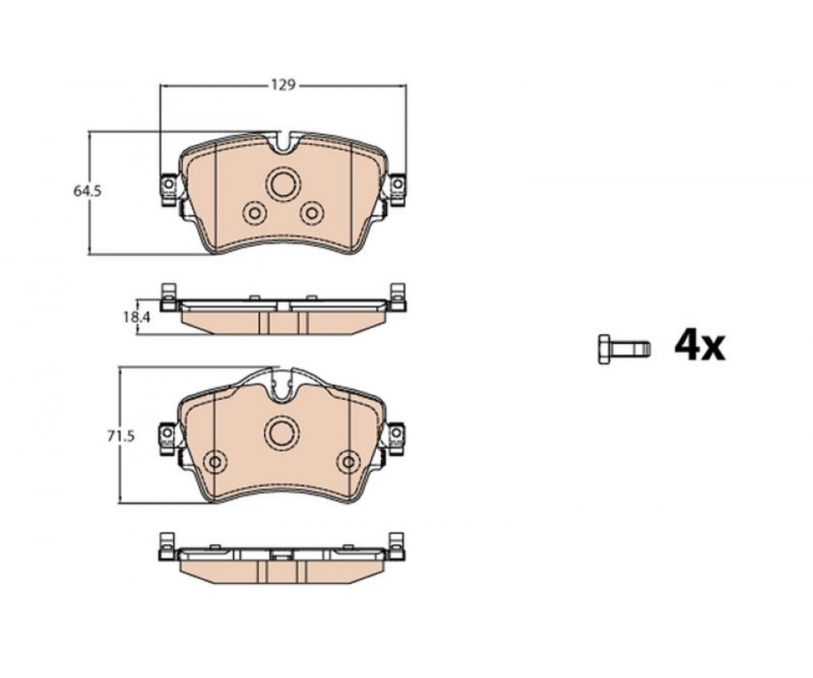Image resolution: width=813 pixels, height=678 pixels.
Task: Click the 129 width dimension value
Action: pyautogui.click(x=283, y=85)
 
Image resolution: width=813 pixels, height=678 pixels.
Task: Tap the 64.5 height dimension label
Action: pyautogui.click(x=87, y=191)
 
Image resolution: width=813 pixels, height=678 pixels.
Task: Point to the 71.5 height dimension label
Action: pyautogui.click(x=121, y=436)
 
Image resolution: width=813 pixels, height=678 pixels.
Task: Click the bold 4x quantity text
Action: pyautogui.click(x=700, y=347)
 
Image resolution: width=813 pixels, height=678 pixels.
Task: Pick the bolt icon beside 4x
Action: pyautogui.click(x=624, y=348)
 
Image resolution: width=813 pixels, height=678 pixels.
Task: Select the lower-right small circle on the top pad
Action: pyautogui.click(x=312, y=212)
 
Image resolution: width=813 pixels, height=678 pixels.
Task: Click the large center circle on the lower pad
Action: pyautogui.click(x=282, y=432)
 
